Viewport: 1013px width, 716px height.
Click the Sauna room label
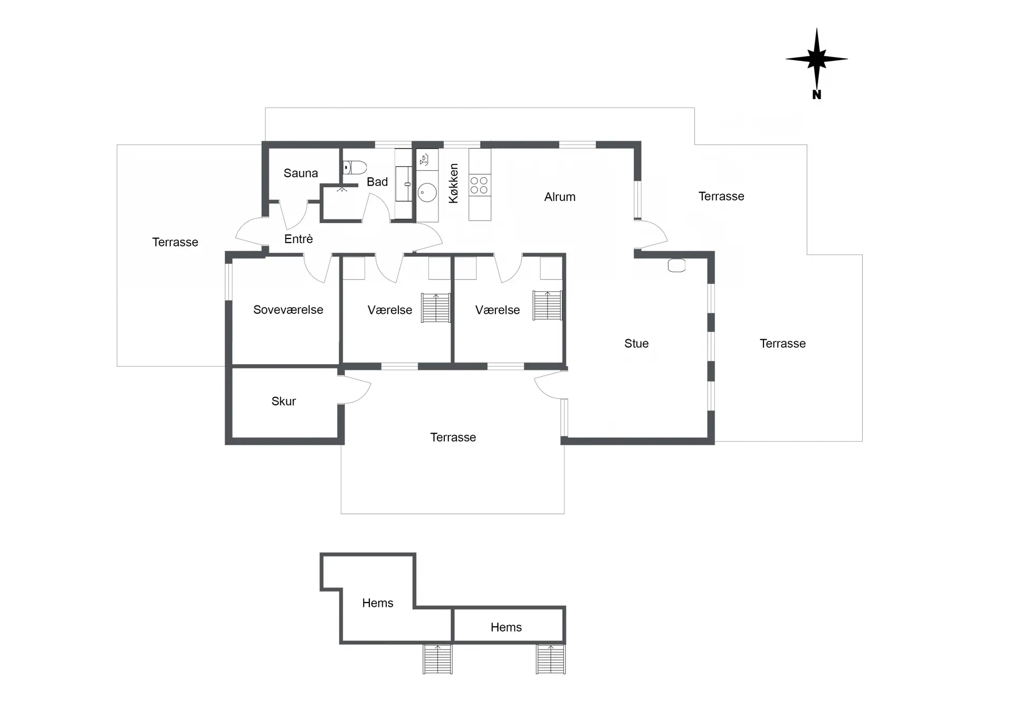[x=301, y=173]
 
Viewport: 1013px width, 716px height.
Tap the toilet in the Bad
[x=355, y=168]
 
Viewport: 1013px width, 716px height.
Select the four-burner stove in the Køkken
[x=480, y=185]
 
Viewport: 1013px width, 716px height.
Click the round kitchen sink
[x=427, y=193]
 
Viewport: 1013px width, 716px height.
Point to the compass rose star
[x=817, y=59]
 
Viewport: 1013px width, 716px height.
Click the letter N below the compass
[x=817, y=95]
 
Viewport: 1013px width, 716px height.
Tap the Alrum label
[x=560, y=197]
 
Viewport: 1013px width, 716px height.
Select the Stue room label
[x=636, y=343]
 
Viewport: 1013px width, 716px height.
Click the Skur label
[x=284, y=402]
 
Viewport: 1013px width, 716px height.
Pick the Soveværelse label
[x=288, y=310]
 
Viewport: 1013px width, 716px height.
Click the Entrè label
[x=299, y=239]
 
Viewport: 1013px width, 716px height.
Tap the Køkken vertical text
[x=453, y=183]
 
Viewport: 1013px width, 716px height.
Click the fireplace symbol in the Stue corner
[x=676, y=265]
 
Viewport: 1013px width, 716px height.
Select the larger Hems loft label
[x=378, y=603]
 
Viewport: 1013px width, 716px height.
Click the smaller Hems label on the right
[x=506, y=627]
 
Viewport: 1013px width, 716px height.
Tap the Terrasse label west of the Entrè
[x=175, y=242]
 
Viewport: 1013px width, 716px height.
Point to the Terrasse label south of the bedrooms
[x=453, y=437]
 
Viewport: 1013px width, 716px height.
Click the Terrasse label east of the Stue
[x=782, y=343]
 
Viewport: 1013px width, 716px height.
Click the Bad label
[x=377, y=182]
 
